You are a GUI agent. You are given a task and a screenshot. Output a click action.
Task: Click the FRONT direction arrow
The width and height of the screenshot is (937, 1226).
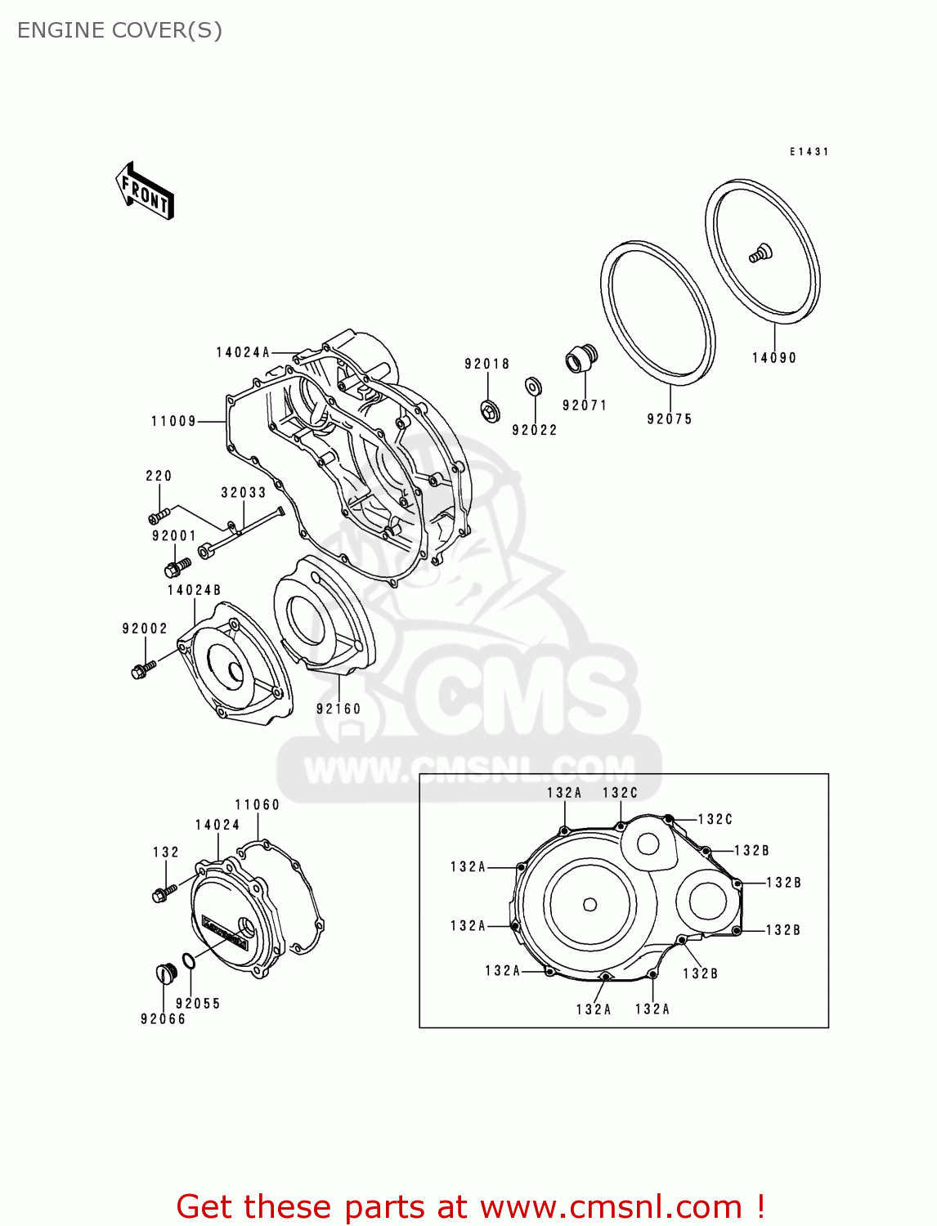click(145, 190)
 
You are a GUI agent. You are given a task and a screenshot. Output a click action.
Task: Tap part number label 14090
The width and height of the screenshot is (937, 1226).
click(773, 358)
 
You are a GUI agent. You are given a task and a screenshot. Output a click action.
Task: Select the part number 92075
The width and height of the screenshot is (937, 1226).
click(669, 419)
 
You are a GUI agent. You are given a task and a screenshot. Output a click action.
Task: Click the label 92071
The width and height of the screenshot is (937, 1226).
click(585, 405)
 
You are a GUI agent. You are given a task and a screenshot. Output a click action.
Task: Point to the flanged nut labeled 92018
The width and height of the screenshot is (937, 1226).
click(491, 411)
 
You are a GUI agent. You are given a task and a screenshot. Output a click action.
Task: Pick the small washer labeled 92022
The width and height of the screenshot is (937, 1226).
click(534, 385)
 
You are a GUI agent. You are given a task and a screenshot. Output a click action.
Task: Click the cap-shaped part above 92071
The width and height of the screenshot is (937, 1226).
click(581, 359)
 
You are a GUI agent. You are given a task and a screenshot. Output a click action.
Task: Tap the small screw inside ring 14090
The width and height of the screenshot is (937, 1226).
click(760, 253)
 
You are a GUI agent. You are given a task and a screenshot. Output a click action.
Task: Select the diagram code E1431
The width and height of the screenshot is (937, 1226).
click(809, 152)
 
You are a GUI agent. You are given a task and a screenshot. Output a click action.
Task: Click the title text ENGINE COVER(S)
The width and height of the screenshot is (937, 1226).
click(119, 31)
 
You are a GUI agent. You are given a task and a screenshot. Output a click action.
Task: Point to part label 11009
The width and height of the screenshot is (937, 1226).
click(173, 422)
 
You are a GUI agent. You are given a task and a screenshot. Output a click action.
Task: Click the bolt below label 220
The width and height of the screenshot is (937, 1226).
click(159, 516)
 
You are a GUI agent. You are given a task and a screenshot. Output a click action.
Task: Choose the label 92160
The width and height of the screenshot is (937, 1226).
click(338, 709)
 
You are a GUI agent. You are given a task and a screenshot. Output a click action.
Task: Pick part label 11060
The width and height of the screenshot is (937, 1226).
click(257, 805)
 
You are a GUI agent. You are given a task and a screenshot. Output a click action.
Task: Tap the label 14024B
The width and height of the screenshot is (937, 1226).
click(194, 590)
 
